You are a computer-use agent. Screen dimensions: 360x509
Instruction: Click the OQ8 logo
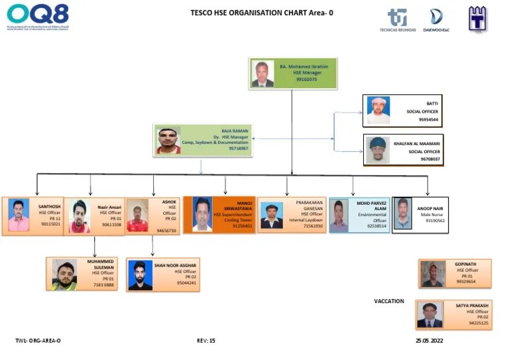click(38, 17)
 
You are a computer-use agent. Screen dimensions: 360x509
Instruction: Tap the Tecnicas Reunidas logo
click(398, 20)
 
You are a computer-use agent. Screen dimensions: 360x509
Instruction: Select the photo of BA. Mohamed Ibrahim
click(262, 74)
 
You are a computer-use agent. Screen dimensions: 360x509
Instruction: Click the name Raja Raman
click(235, 131)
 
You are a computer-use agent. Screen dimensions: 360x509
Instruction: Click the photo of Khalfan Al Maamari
click(377, 150)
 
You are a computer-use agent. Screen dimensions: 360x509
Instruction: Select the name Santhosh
click(50, 206)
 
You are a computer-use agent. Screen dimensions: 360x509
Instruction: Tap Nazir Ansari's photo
click(80, 216)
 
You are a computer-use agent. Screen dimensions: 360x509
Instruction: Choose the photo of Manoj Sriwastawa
click(202, 213)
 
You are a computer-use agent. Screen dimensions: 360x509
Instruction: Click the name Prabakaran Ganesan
click(309, 205)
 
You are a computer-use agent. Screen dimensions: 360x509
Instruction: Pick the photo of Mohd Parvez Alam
click(339, 215)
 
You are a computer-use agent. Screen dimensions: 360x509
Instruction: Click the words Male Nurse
click(431, 214)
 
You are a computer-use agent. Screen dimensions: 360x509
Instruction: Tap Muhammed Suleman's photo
click(64, 274)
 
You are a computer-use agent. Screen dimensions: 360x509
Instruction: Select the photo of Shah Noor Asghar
click(140, 274)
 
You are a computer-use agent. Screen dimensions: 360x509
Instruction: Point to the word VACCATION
click(389, 301)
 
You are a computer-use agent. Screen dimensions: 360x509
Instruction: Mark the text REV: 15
click(206, 340)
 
